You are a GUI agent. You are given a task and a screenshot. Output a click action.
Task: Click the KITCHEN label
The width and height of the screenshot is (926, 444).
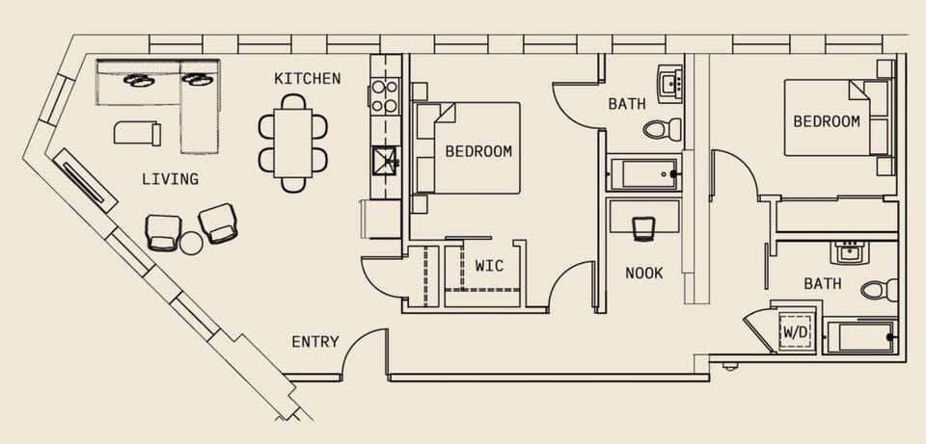(307, 78)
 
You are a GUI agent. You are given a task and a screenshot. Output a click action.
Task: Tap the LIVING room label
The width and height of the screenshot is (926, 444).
(170, 179)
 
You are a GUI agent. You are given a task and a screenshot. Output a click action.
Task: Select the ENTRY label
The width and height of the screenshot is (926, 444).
(315, 342)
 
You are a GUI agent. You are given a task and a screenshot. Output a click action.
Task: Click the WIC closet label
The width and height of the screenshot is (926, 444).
(488, 266)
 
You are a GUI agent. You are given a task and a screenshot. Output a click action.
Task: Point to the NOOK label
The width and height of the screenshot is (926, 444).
(643, 273)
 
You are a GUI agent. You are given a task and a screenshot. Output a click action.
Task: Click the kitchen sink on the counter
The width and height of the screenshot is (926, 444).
(385, 159)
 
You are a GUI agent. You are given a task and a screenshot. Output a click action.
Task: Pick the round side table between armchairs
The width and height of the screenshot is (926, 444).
(192, 244)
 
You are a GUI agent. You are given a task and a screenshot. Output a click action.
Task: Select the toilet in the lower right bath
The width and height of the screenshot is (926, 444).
(879, 289)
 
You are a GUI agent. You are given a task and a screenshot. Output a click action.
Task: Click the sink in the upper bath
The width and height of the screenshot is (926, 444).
(668, 83)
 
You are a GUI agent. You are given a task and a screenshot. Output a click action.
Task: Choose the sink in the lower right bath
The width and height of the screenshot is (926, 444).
(850, 253)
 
